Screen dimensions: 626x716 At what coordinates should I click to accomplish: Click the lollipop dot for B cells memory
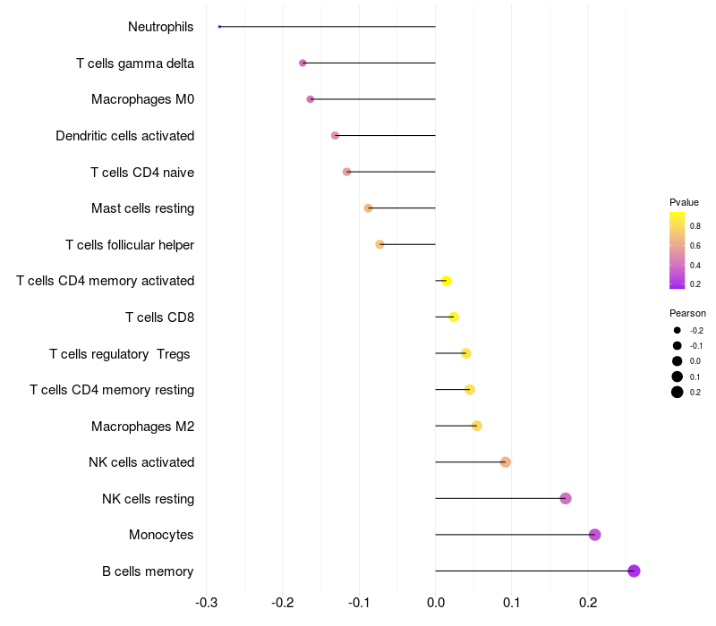[x=634, y=571]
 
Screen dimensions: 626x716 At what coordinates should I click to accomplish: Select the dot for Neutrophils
[x=219, y=27]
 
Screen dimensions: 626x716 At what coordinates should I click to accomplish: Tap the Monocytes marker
[x=594, y=535]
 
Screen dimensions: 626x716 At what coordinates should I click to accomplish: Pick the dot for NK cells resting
[x=566, y=498]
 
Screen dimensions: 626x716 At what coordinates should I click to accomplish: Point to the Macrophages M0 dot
[x=311, y=99]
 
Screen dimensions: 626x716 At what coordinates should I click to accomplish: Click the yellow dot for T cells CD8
[x=454, y=317]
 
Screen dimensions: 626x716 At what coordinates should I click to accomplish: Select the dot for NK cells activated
[x=506, y=462]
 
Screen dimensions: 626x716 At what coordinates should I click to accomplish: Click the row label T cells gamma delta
[x=135, y=63]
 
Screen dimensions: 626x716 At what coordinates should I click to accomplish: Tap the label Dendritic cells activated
[x=125, y=136]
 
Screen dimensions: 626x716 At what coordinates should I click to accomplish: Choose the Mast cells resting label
[x=142, y=208]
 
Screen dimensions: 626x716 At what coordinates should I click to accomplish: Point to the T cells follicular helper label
[x=130, y=245]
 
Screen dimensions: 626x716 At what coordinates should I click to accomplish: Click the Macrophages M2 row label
[x=142, y=427]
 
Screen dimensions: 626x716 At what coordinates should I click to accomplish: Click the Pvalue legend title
[x=684, y=202]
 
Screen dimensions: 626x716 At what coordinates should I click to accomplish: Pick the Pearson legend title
[x=687, y=313]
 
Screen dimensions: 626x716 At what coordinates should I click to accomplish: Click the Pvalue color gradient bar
[x=678, y=250]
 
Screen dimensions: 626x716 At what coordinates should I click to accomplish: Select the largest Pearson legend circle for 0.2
[x=678, y=392]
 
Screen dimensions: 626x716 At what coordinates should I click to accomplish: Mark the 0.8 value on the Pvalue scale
[x=695, y=226]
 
